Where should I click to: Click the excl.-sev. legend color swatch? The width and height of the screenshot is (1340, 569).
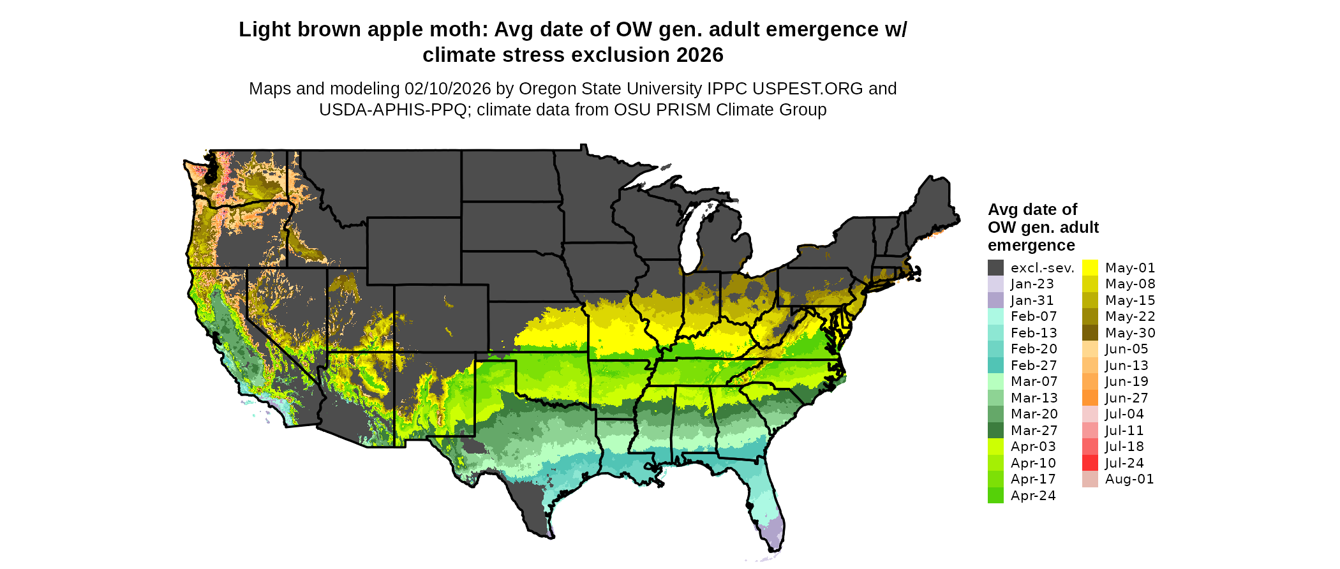(x=995, y=268)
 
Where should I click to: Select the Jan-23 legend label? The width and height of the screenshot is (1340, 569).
(x=1032, y=284)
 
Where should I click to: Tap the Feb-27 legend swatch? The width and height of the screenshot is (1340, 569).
(x=995, y=366)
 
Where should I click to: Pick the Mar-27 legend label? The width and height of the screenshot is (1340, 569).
(x=1034, y=431)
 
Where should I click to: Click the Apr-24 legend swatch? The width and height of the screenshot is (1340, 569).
(x=995, y=496)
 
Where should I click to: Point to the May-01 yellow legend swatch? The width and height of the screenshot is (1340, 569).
(x=1090, y=268)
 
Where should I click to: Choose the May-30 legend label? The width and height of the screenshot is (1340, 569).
(x=1130, y=333)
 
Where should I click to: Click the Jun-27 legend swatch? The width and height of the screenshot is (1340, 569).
(x=1090, y=398)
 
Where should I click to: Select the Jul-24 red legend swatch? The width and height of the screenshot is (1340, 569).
(x=1090, y=463)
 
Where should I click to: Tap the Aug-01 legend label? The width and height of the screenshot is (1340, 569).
(x=1129, y=479)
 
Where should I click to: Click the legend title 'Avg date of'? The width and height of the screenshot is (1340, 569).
(x=1032, y=210)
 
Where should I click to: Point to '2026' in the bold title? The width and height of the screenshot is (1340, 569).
(x=700, y=55)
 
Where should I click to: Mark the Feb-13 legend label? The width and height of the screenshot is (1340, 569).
(x=1034, y=333)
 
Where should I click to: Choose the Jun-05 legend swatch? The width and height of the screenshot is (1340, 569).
(x=1090, y=349)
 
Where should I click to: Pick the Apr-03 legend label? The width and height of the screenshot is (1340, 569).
(x=1033, y=447)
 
